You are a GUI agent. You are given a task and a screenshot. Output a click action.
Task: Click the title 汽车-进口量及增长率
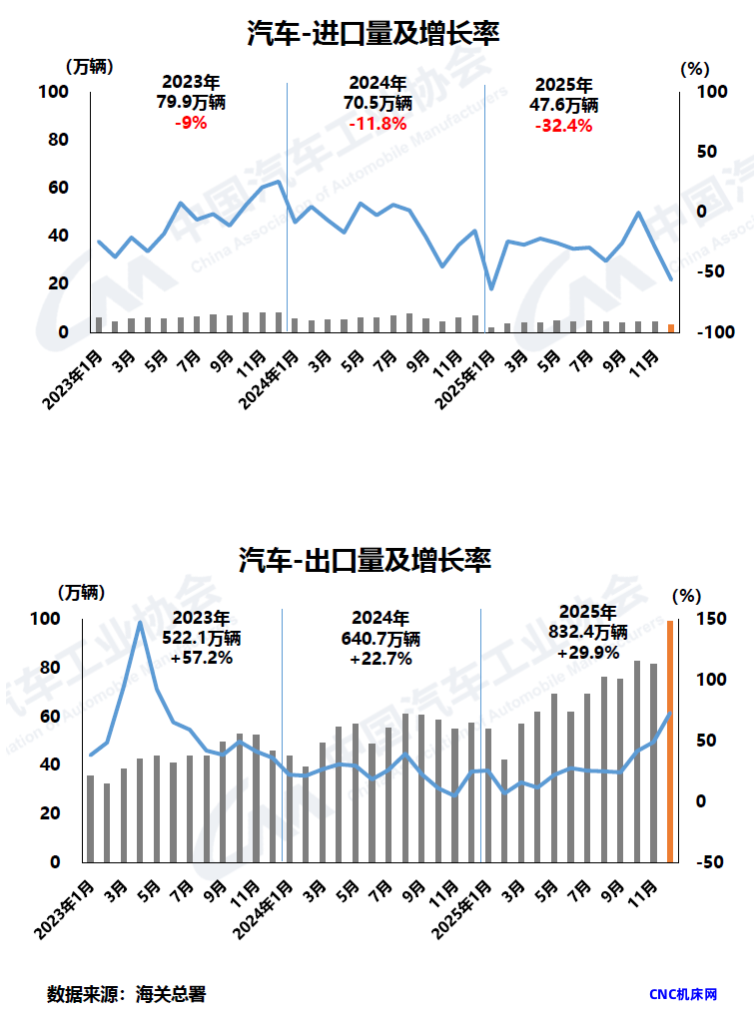[x=374, y=34]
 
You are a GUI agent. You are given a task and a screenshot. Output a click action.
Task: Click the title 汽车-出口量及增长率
[x=366, y=560]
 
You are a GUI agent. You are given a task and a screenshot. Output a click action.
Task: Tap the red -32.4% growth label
[x=563, y=126]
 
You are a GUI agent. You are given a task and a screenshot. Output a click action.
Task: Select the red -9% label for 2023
[x=190, y=124]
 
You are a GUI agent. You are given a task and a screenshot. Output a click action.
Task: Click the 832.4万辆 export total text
[x=588, y=631]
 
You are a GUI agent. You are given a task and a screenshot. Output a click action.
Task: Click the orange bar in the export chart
[x=670, y=740]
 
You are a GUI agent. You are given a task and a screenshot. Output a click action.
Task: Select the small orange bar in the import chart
[x=671, y=327]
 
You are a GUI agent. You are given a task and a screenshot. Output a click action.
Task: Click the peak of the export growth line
[x=140, y=623]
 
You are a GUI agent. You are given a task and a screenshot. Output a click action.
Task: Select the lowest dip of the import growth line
[x=491, y=288]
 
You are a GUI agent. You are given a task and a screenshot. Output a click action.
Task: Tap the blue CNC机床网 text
[x=683, y=995]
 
